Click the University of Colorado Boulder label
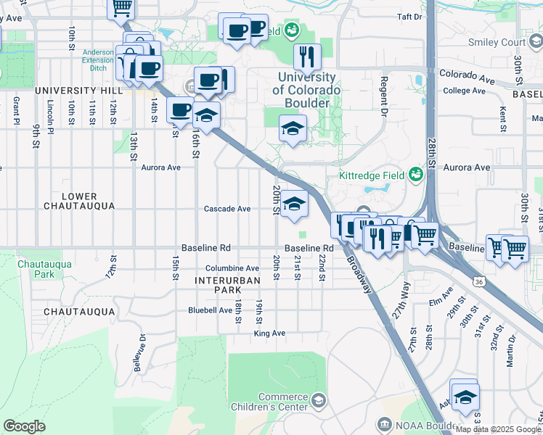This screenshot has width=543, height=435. pos(306,90)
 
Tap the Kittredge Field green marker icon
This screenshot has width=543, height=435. pos(416,174)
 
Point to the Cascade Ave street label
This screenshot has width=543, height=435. pos(227,209)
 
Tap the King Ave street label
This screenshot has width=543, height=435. pos(269,333)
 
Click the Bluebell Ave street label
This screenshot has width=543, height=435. pos(210,310)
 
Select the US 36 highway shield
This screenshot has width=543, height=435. pos(477,281)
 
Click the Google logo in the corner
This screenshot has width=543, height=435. pos(24,426)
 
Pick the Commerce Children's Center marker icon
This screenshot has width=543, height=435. pos(319,400)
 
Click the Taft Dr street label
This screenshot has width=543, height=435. pos(409,16)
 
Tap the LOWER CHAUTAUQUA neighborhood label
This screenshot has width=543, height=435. pos(80,201)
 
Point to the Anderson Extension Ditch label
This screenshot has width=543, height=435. pos(97,61)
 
